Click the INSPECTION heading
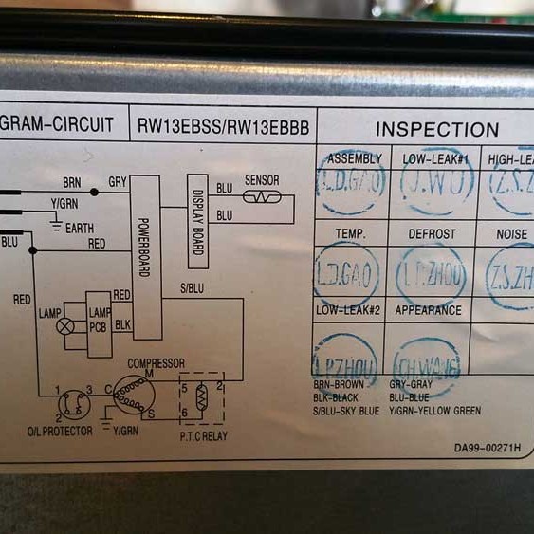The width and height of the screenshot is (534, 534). pos(436,129)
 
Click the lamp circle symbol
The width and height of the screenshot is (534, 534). pos(65,325)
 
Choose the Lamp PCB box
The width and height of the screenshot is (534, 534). pos(100,323)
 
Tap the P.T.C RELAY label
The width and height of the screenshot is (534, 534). pos(204,435)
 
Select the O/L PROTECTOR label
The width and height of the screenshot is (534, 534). pos(60,432)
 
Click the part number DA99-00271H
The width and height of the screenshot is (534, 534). pos(487,448)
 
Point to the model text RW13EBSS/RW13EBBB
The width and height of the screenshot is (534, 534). pos(223,125)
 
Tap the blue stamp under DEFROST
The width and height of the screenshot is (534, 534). pos(431,274)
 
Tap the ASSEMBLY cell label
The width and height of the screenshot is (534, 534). pos(353,158)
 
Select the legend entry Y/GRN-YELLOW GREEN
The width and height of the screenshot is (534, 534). pos(435,411)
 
